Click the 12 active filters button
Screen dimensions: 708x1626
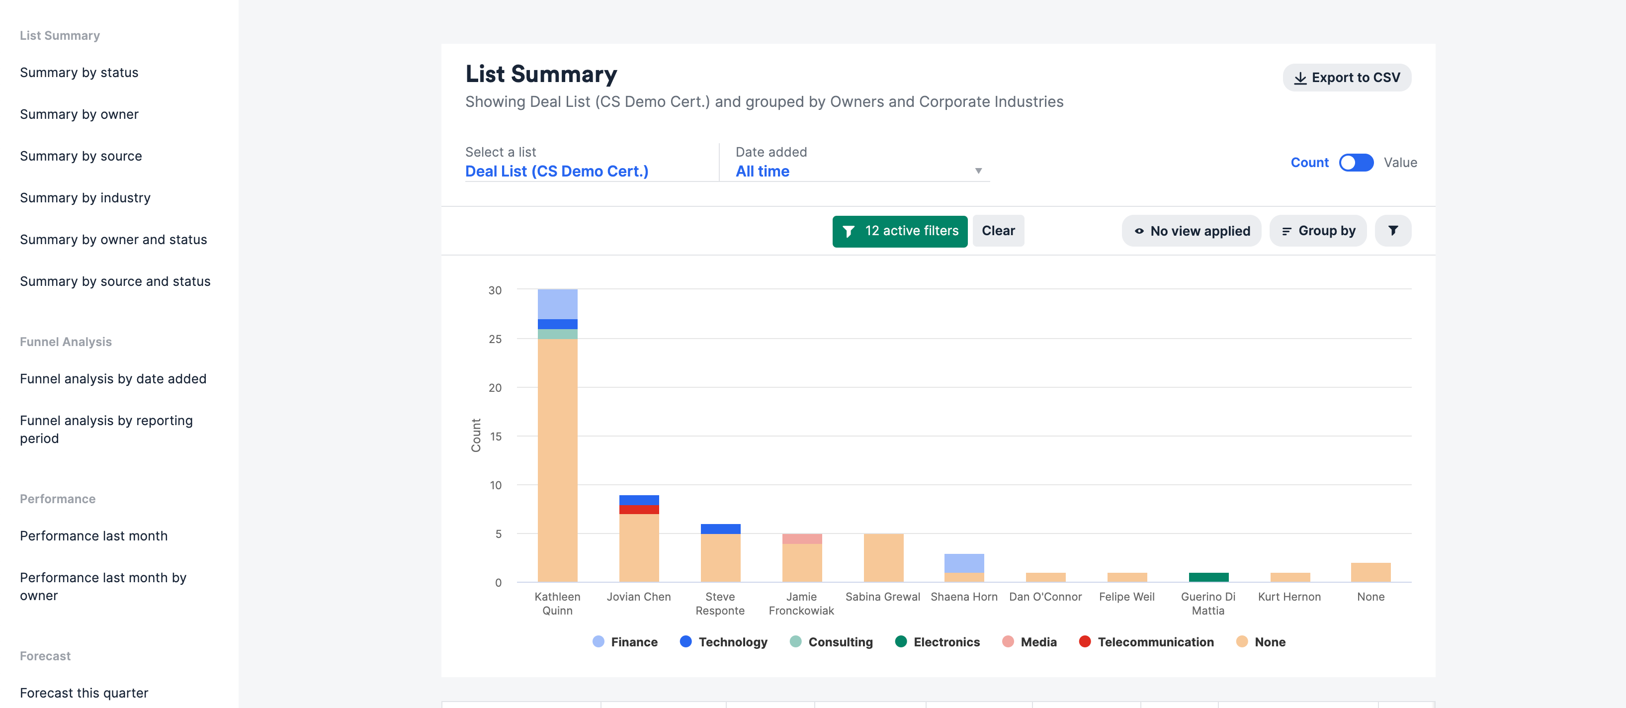point(899,231)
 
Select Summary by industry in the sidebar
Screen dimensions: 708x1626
point(85,198)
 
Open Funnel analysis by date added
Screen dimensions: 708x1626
point(113,379)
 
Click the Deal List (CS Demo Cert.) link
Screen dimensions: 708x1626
point(556,171)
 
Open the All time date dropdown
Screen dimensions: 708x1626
point(858,171)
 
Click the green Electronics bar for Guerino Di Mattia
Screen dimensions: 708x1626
point(1208,577)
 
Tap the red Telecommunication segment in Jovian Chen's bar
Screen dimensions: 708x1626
point(639,510)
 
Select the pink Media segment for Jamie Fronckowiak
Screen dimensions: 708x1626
point(802,539)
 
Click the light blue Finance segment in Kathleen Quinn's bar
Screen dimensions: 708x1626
point(557,304)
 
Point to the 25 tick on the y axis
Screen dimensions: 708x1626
point(495,339)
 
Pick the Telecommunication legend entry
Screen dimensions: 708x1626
point(1146,642)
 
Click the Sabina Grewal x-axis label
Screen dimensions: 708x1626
point(882,597)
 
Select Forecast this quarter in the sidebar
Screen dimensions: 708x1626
point(84,693)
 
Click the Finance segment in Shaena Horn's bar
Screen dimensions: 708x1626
point(964,563)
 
